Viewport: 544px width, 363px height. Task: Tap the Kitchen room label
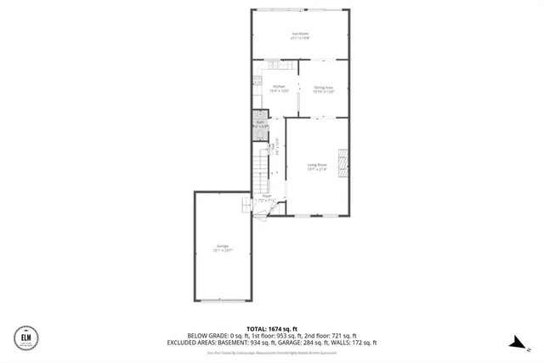tap(279, 86)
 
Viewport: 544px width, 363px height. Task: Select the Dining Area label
tap(323, 87)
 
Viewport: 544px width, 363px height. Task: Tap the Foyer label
tap(266, 195)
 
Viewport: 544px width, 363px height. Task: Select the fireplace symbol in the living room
tap(343, 162)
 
